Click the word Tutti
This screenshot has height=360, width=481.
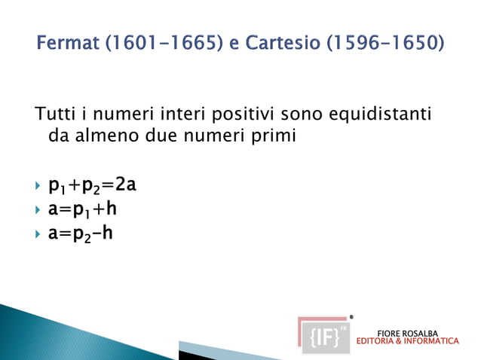(x=53, y=114)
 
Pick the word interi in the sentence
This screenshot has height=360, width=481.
(x=184, y=114)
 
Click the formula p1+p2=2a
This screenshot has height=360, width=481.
(x=92, y=185)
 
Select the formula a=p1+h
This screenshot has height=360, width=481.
(x=82, y=209)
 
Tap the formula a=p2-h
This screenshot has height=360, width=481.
(x=81, y=233)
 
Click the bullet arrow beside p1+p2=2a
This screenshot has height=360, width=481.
(x=38, y=185)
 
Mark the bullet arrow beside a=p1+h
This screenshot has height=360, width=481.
(x=38, y=209)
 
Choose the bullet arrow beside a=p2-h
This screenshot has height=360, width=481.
(x=38, y=233)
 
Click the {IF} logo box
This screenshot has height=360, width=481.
(x=324, y=334)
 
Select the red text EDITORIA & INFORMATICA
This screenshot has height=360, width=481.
(x=407, y=341)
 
